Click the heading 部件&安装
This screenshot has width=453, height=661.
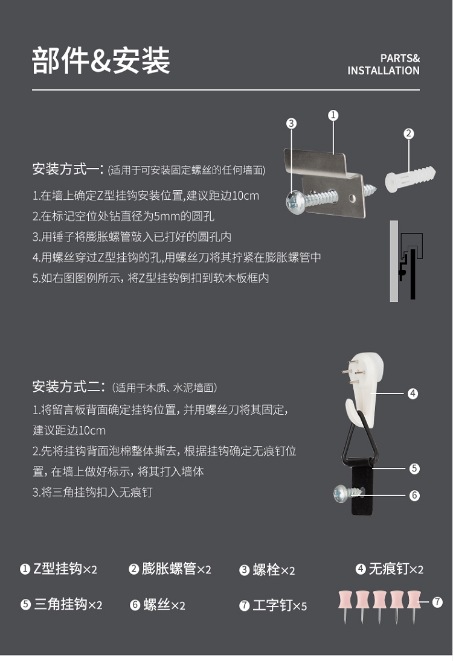(x=101, y=61)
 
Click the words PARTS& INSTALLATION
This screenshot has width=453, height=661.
(x=384, y=65)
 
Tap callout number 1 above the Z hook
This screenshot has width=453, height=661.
(x=333, y=115)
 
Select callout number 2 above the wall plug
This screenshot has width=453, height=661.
(x=408, y=133)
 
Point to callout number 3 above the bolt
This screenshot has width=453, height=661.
(x=291, y=123)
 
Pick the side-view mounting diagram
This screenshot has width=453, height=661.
(x=406, y=261)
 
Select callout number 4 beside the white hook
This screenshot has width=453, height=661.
(x=413, y=394)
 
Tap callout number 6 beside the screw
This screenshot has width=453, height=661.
(x=414, y=496)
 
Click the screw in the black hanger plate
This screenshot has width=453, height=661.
(x=348, y=493)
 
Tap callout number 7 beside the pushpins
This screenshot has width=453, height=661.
(x=437, y=602)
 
